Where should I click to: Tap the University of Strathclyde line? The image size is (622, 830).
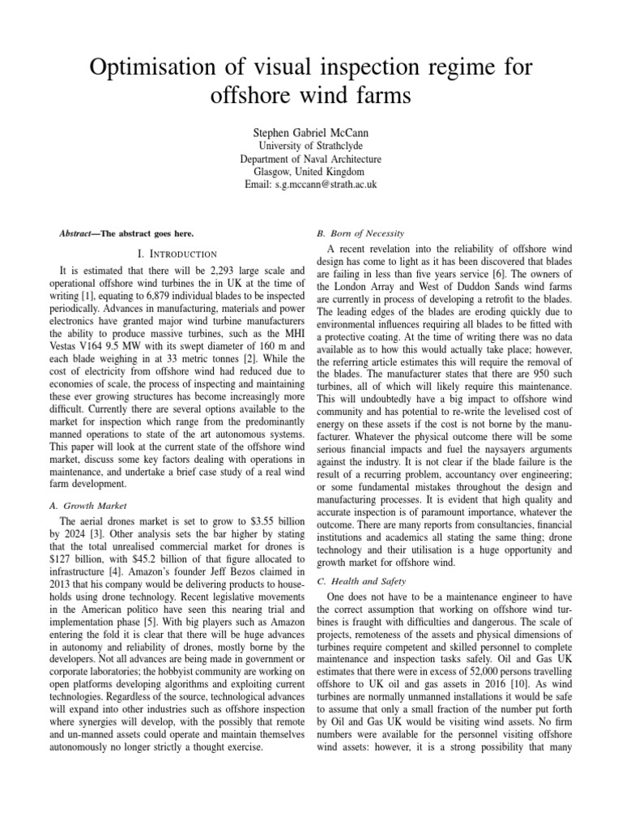pos(310,146)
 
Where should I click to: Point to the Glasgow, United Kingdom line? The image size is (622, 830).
pos(310,172)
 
